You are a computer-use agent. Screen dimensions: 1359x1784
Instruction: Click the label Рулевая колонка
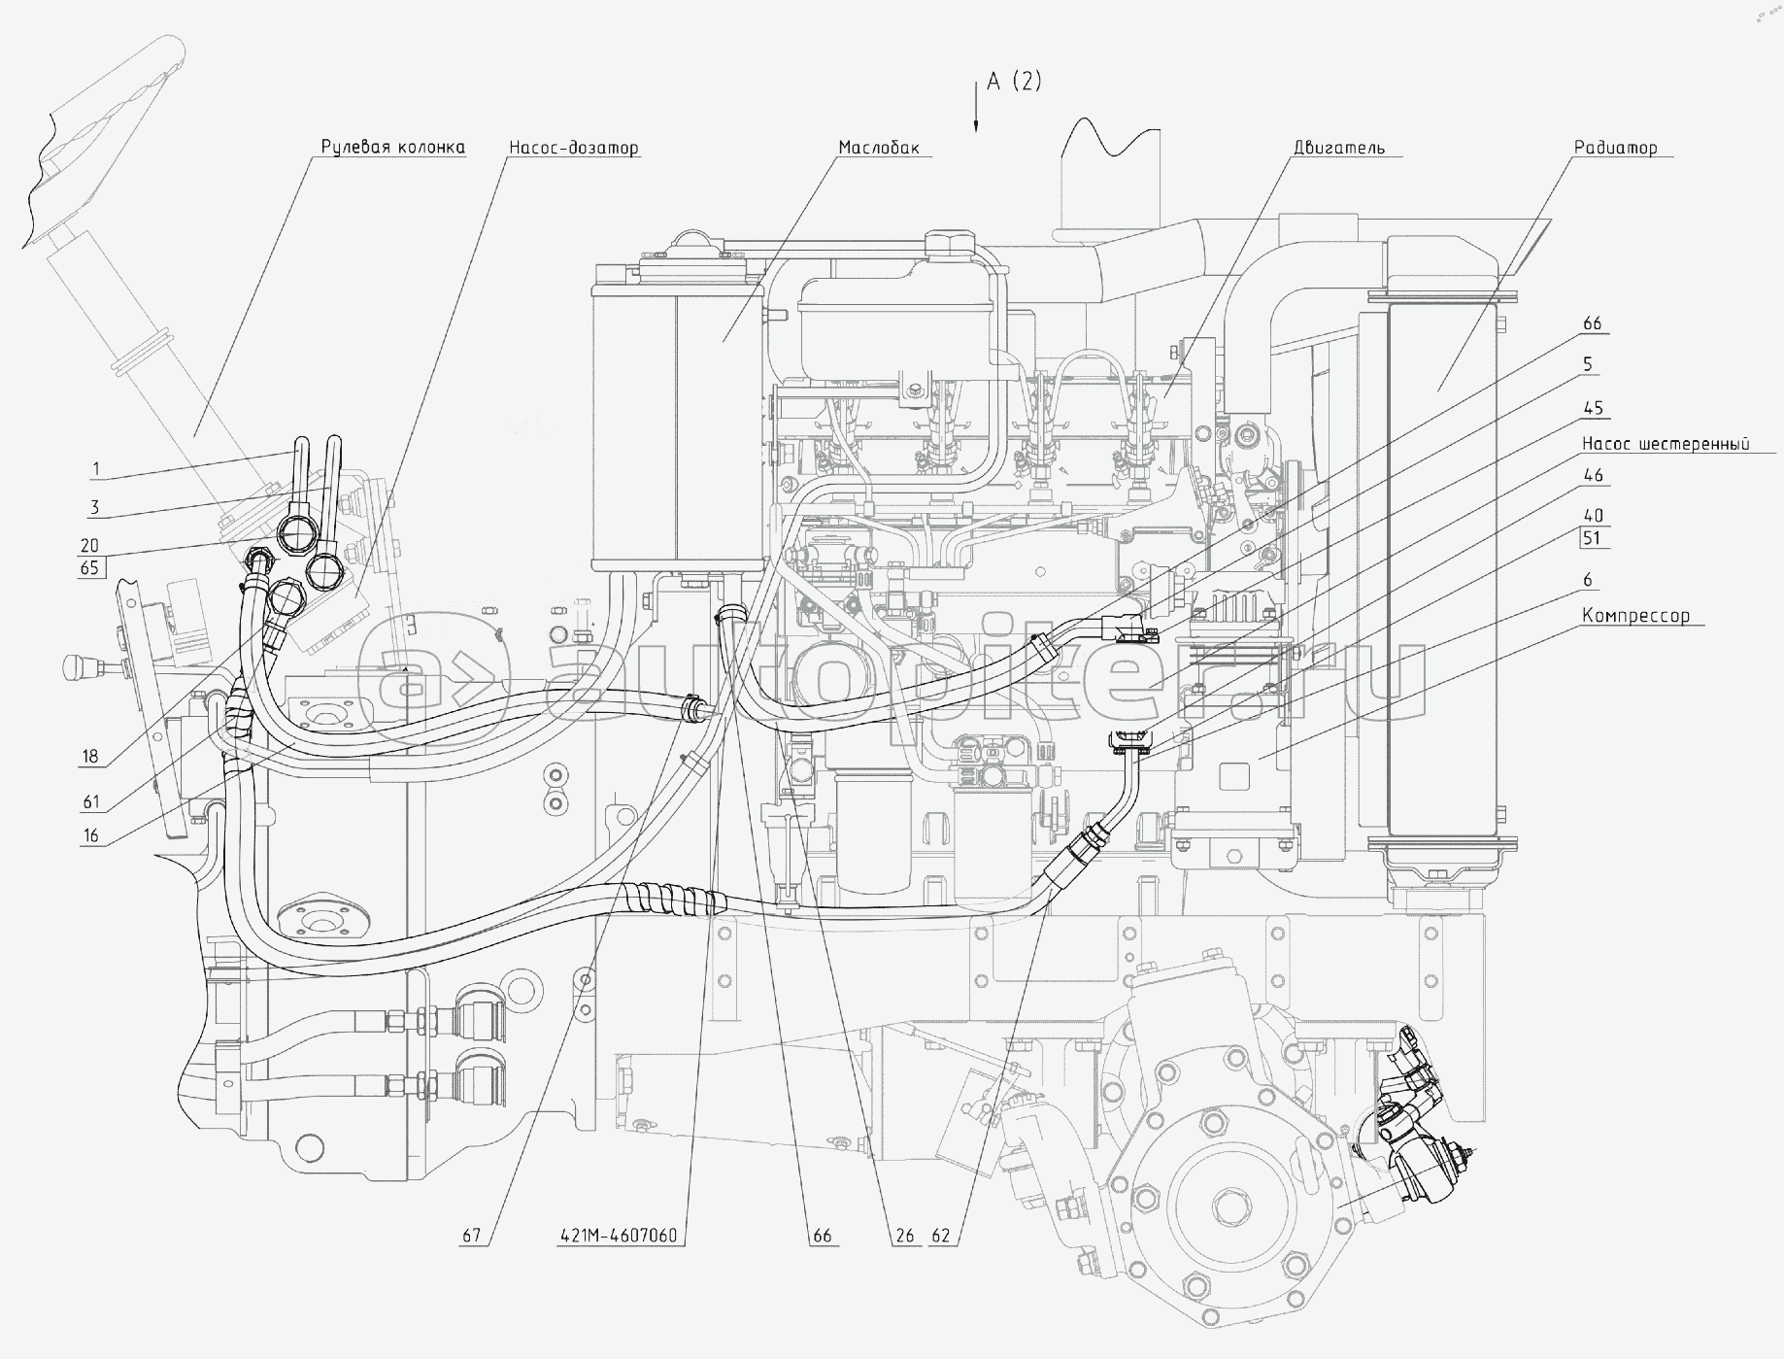(x=392, y=148)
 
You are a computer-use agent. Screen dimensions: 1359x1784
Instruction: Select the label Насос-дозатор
(x=573, y=148)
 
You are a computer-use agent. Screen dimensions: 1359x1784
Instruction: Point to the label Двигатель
(x=1338, y=148)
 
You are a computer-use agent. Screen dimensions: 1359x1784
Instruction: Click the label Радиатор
(x=1615, y=148)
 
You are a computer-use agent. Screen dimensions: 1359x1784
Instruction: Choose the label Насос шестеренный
(x=1666, y=444)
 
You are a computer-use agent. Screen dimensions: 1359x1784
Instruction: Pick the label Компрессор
(x=1635, y=616)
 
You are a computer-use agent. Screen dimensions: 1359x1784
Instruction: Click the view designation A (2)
(x=1014, y=82)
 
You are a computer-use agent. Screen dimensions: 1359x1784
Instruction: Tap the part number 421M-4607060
(x=619, y=1237)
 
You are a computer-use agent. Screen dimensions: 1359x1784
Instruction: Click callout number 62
(x=941, y=1237)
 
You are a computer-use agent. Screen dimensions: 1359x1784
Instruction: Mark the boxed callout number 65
(x=90, y=567)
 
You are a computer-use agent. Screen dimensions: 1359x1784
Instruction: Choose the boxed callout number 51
(x=1593, y=538)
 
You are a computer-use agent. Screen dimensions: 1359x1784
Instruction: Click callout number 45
(x=1593, y=408)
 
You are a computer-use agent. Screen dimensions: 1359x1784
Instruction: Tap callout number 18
(x=90, y=757)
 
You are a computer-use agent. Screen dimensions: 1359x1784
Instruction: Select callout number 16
(x=90, y=835)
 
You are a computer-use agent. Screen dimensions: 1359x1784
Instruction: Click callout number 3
(x=96, y=507)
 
